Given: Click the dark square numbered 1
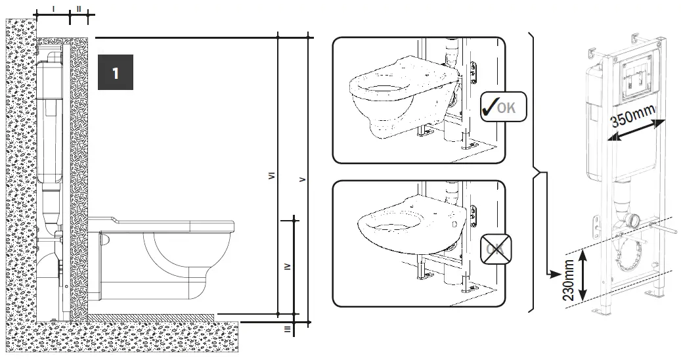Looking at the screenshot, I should tap(116, 72).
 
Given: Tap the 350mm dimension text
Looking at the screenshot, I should tap(632, 118).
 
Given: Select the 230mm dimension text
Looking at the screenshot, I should tap(569, 280).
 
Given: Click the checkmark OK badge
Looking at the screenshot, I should tap(502, 107).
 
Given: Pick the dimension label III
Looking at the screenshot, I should tap(287, 329).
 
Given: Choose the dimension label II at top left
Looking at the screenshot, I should tap(79, 9).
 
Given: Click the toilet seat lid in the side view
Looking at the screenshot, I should tap(164, 223).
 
